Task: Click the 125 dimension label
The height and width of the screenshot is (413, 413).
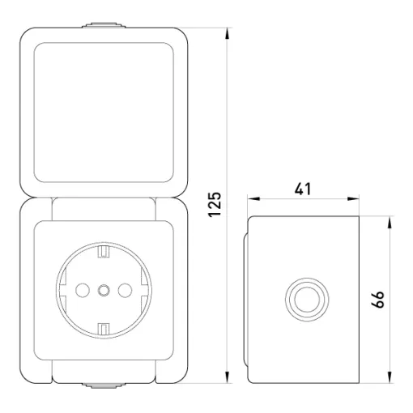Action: (215, 204)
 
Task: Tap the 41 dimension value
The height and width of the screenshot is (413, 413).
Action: (303, 189)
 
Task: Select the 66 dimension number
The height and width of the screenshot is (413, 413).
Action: (377, 299)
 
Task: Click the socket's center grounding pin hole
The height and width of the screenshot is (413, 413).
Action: (104, 290)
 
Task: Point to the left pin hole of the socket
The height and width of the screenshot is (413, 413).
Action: (83, 290)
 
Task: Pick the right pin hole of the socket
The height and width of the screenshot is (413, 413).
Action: (125, 290)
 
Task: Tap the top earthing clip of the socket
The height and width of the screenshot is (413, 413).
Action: (104, 251)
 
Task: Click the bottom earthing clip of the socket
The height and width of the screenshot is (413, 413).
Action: (104, 329)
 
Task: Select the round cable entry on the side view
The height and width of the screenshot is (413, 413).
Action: (307, 300)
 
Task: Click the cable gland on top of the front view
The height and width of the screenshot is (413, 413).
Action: (104, 25)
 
